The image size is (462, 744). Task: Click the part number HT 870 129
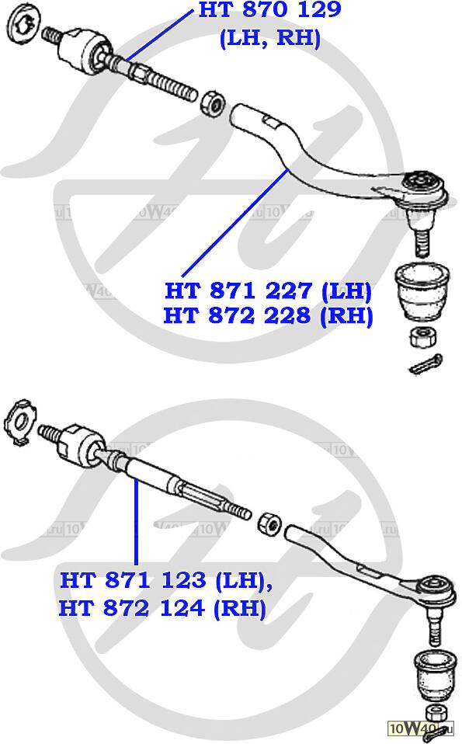pyautogui.click(x=269, y=9)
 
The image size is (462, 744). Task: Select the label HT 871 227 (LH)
pyautogui.click(x=268, y=290)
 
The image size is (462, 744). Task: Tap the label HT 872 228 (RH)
pyautogui.click(x=268, y=315)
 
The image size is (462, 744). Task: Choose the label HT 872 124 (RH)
pyautogui.click(x=162, y=608)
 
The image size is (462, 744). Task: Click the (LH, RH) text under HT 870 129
pyautogui.click(x=270, y=37)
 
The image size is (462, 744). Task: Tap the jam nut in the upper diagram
pyautogui.click(x=212, y=103)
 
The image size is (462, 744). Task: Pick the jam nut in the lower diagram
pyautogui.click(x=269, y=523)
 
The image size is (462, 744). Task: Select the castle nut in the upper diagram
pyautogui.click(x=424, y=338)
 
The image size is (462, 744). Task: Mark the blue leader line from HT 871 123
pyautogui.click(x=137, y=522)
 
